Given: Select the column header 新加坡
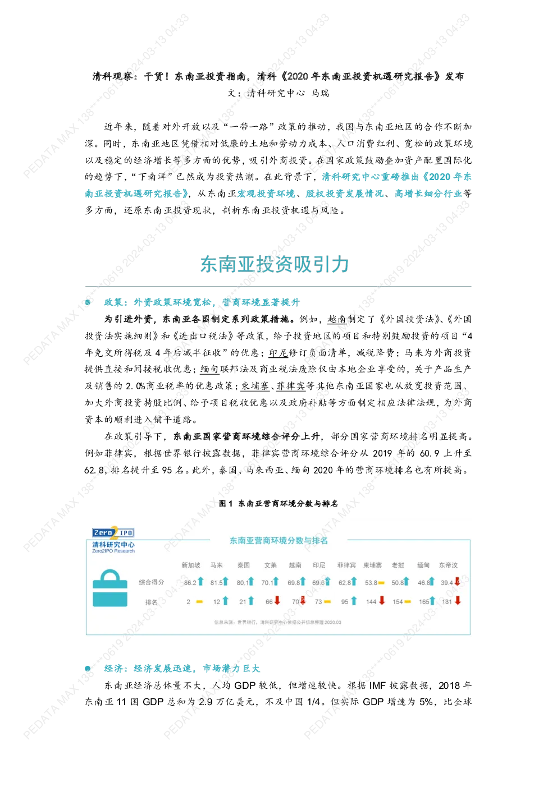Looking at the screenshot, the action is (x=190, y=565).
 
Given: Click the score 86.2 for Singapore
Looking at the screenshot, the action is (x=190, y=582).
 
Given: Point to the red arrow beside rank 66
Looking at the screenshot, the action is (x=277, y=600).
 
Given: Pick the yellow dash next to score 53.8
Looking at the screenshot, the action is (x=381, y=583).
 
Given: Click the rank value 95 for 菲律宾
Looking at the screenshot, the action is (x=345, y=602).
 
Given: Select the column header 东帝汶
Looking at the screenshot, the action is (x=448, y=565).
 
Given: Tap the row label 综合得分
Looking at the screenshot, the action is (x=151, y=582).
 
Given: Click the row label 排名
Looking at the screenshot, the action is (x=151, y=602).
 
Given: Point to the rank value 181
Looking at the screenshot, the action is (x=446, y=602).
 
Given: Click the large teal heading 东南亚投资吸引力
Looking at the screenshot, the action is (x=275, y=264).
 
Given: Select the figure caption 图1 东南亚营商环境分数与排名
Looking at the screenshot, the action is (x=278, y=504).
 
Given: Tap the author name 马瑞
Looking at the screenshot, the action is (x=320, y=93).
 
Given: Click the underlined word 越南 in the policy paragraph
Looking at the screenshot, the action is (x=336, y=319).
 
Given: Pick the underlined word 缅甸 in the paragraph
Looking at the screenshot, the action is (x=209, y=369).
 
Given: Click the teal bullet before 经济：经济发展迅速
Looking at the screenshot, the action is (x=88, y=668).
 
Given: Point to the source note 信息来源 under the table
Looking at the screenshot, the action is (x=278, y=622).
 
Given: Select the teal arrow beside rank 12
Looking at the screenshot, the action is (x=225, y=601).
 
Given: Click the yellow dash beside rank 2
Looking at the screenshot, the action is (x=199, y=602).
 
